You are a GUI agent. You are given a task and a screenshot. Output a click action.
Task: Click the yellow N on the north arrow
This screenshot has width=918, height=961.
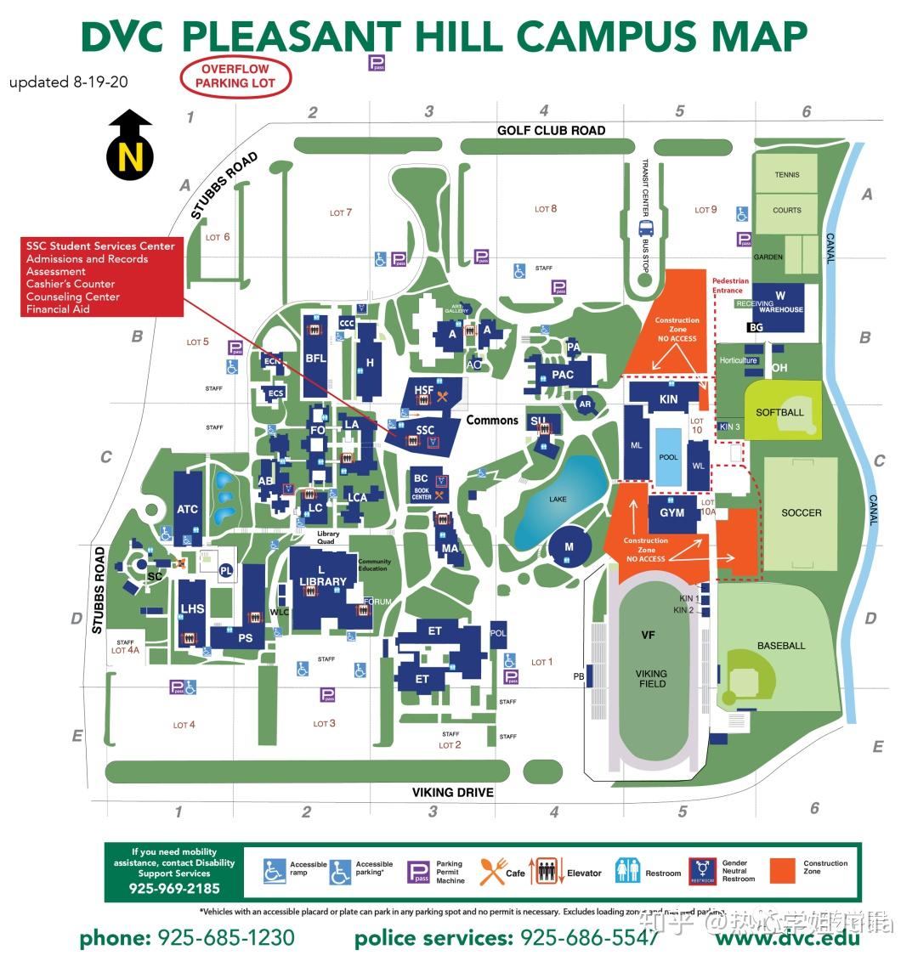tap(130, 157)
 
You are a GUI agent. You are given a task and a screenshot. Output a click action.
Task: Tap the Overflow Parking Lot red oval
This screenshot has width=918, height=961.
tap(235, 76)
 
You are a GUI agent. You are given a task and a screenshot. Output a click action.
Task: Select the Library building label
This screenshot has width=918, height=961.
tap(323, 581)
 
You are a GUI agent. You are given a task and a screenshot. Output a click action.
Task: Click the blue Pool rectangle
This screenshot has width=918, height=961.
tap(669, 457)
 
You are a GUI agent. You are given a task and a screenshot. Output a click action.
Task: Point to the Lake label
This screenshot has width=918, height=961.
tap(558, 499)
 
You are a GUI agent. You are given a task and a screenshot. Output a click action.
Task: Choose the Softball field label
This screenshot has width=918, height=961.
tap(779, 412)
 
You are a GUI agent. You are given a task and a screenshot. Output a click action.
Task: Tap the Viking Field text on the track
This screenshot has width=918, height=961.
tap(652, 678)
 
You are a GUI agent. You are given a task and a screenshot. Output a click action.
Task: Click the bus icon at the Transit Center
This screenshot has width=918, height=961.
tap(646, 228)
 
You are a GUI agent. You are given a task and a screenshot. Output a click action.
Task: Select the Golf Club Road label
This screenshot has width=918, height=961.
tap(551, 130)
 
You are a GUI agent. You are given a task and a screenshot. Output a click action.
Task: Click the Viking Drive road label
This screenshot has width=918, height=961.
tap(452, 792)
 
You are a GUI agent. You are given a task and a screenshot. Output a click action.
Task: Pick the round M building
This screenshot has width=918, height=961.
tap(569, 546)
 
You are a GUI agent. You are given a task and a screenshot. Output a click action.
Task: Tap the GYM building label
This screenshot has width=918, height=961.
tap(671, 512)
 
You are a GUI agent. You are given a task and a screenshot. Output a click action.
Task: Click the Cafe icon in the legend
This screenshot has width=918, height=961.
tap(492, 872)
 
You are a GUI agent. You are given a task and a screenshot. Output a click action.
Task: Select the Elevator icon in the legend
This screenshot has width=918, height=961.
tap(547, 872)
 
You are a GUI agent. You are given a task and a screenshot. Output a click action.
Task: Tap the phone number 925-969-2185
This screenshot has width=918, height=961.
tap(174, 889)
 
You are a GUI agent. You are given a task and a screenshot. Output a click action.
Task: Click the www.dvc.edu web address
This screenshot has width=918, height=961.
tap(787, 938)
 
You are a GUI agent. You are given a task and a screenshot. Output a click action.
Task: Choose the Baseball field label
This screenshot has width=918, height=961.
tap(780, 646)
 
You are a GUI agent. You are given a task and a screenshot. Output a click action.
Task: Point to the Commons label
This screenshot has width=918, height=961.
tap(491, 420)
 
